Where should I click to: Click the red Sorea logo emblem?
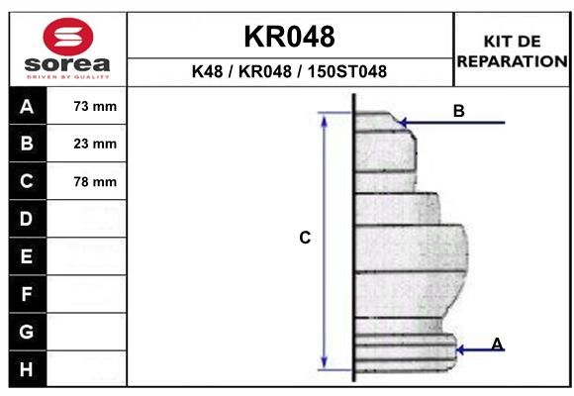(68, 37)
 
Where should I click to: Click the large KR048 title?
(289, 37)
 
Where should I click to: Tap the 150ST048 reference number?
(347, 71)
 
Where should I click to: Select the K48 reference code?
(207, 71)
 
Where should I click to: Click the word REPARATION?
(512, 61)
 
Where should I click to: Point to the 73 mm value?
(95, 106)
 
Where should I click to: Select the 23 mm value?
(95, 144)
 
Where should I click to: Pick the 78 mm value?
(95, 181)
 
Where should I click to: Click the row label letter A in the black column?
(27, 107)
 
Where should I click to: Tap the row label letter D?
(26, 219)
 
